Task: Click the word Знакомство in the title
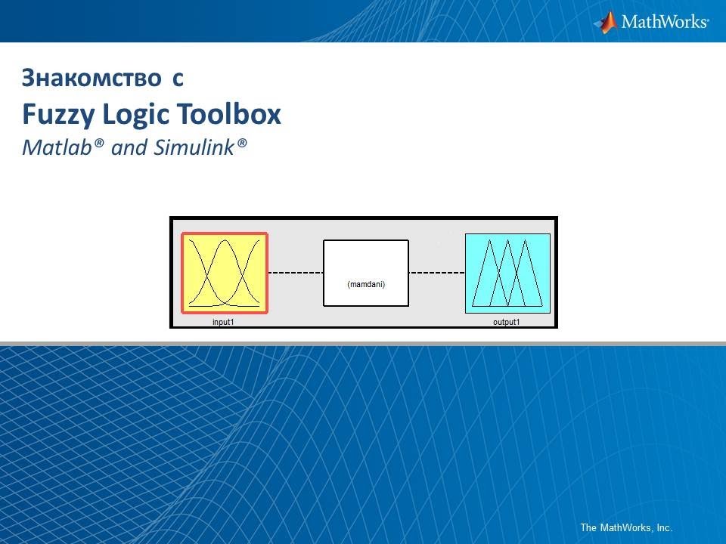(91, 77)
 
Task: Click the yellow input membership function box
(225, 273)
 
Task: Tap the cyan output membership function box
(507, 273)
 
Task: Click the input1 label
(223, 322)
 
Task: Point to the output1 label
(507, 322)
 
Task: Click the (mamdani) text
(366, 284)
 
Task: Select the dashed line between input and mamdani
(296, 272)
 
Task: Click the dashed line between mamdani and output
(437, 272)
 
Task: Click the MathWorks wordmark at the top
(665, 22)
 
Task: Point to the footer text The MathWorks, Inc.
(625, 527)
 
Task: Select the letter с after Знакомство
(177, 77)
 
